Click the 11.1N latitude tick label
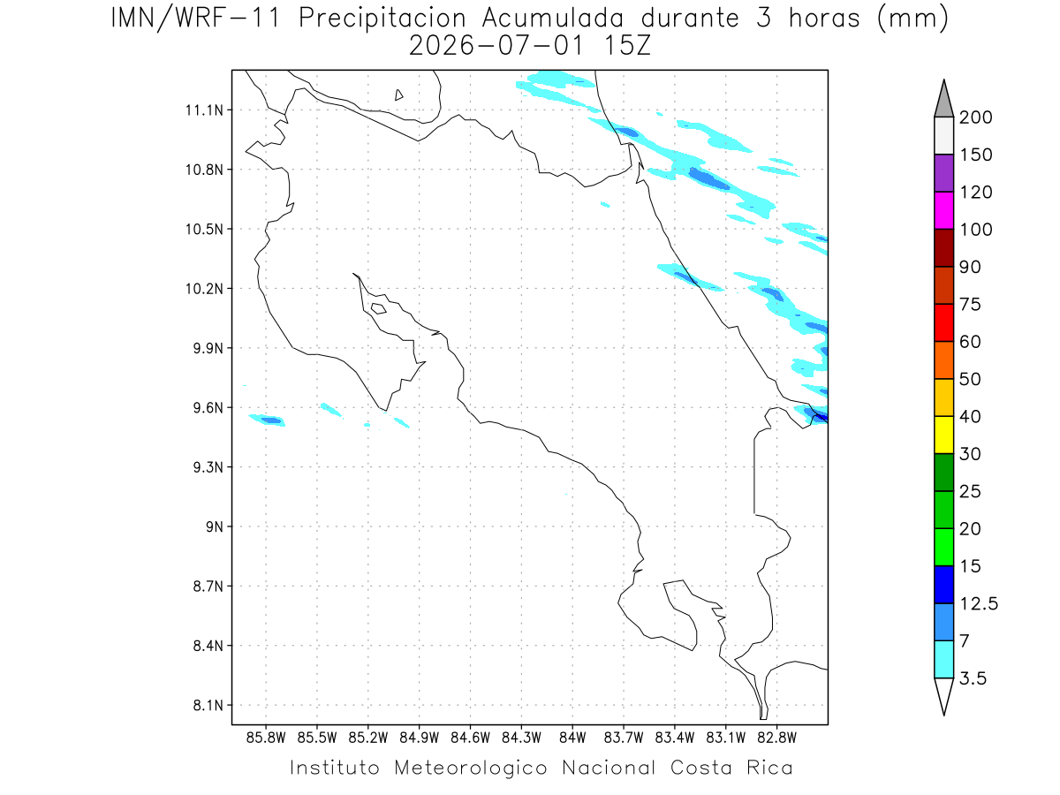click(x=204, y=110)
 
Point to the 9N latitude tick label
click(x=215, y=526)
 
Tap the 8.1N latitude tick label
click(x=208, y=705)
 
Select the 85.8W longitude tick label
click(x=266, y=738)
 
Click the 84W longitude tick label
click(x=572, y=738)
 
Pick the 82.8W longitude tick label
click(x=776, y=738)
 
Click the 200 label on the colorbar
click(x=975, y=117)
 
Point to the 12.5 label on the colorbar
click(x=979, y=604)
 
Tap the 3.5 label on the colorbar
click(x=973, y=678)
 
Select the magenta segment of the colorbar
click(x=943, y=210)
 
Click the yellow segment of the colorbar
click(x=943, y=435)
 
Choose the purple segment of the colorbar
click(x=943, y=173)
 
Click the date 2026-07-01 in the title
click(x=496, y=46)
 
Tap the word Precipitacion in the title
click(x=382, y=19)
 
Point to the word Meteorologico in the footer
click(x=470, y=768)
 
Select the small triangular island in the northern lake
click(x=398, y=95)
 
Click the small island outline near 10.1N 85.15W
click(x=379, y=308)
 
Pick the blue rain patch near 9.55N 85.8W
click(x=271, y=420)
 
